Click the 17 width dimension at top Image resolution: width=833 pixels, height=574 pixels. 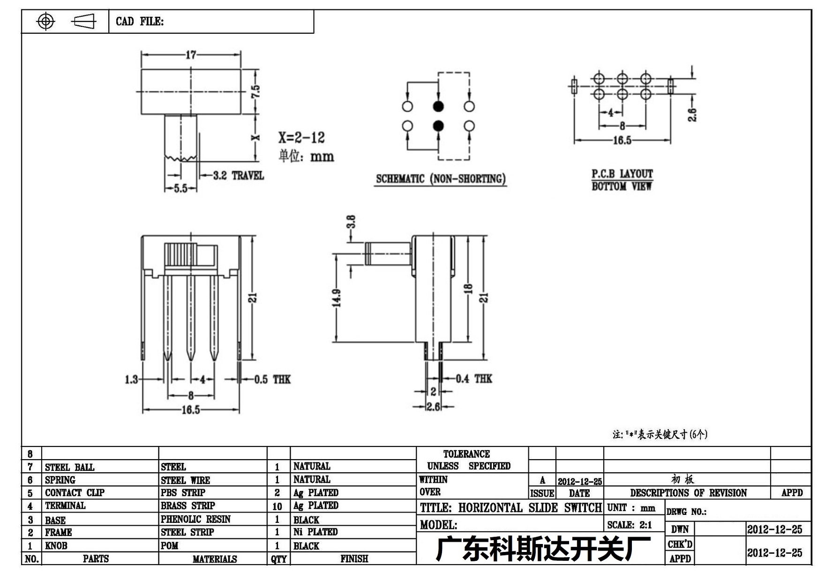(191, 55)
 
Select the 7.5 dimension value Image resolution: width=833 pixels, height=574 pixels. (255, 91)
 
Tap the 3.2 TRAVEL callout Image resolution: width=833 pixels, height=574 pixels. (239, 175)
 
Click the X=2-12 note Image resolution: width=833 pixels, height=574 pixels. (301, 137)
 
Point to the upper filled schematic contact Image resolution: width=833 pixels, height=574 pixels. (438, 106)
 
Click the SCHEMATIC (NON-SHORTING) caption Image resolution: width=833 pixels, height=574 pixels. (441, 179)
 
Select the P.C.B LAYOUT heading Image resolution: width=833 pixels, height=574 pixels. (622, 174)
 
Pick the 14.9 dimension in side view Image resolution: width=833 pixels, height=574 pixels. (337, 298)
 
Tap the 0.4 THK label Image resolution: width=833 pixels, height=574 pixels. (474, 378)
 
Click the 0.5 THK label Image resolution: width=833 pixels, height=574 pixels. (272, 379)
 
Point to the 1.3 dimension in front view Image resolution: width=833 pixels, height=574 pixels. (132, 379)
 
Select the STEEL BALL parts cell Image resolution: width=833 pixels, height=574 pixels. (69, 467)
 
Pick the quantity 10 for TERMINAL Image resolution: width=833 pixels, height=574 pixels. (277, 506)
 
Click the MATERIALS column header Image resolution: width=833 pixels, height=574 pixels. (215, 559)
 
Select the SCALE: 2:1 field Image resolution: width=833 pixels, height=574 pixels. (630, 525)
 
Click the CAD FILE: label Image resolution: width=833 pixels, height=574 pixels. (140, 22)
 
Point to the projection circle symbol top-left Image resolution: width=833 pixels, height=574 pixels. (45, 21)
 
